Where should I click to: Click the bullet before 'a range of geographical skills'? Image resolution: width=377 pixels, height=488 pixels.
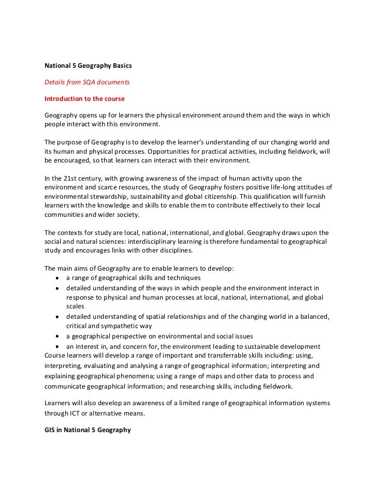point(56,278)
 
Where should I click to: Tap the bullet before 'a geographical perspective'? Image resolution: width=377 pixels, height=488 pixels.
point(56,336)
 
